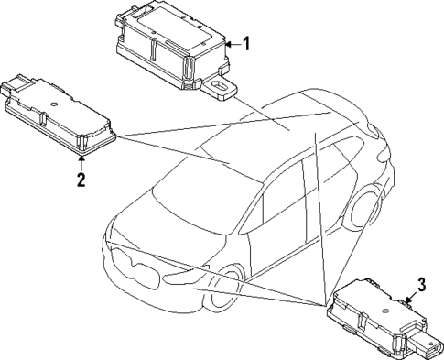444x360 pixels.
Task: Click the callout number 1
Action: (x=245, y=43)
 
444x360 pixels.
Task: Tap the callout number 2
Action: (x=81, y=180)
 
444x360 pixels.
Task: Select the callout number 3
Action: (x=422, y=284)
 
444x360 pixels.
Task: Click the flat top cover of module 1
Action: (x=169, y=32)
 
